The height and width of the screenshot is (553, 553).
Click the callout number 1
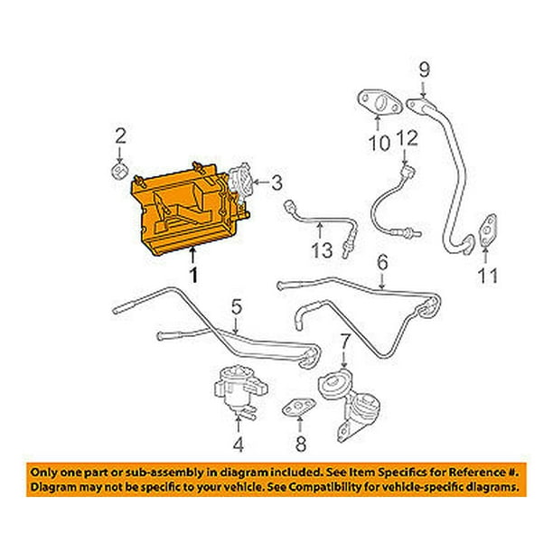(192, 271)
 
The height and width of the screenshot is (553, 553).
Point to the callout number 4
(239, 444)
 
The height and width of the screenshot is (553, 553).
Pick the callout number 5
(236, 309)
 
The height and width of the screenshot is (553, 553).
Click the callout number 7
(344, 342)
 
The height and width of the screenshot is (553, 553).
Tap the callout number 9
(424, 69)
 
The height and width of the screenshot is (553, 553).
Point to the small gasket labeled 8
(295, 410)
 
